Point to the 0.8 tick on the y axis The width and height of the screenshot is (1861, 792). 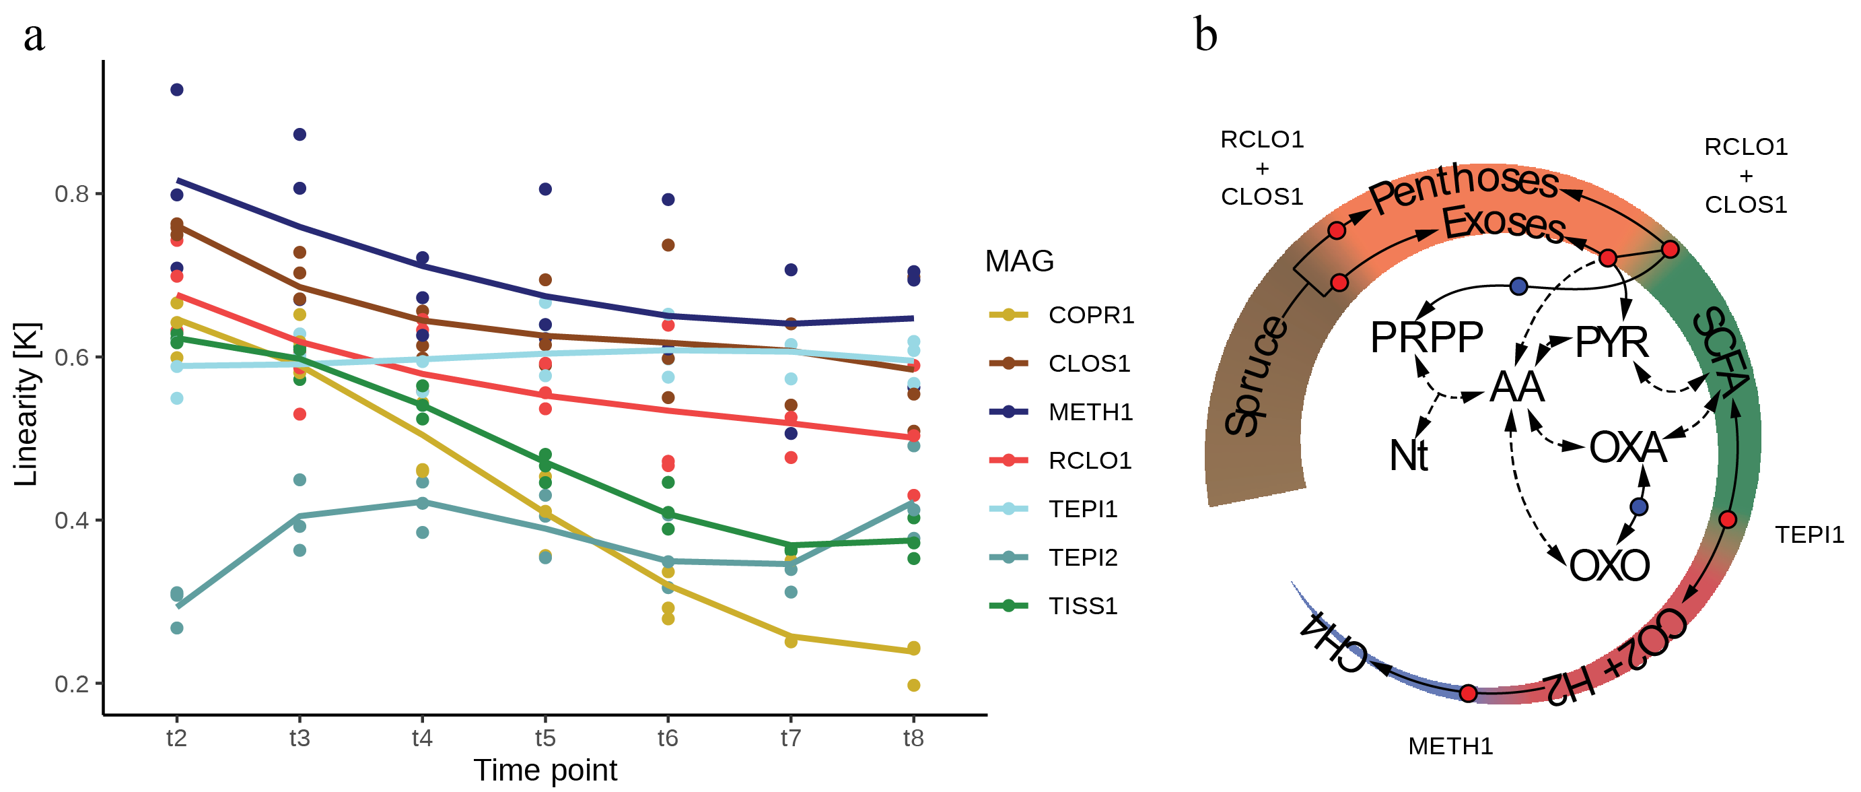[71, 194]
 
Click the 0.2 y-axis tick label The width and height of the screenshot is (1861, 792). [71, 683]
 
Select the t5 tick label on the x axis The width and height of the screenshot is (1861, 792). [545, 738]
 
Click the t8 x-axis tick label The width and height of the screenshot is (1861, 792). [913, 738]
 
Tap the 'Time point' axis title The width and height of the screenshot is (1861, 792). [545, 770]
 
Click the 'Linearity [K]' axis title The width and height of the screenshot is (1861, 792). [26, 405]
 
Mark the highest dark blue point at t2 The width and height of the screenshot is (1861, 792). [177, 90]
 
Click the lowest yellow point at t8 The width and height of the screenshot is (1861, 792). [914, 685]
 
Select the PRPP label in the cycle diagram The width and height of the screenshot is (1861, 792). [1426, 337]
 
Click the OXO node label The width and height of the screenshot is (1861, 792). [1609, 565]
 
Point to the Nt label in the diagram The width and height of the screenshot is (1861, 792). [1408, 456]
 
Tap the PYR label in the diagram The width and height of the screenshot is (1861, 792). [1612, 342]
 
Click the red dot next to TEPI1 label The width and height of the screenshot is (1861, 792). [1727, 519]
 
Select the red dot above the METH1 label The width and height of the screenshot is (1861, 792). [1468, 693]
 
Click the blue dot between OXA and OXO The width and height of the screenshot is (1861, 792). [1639, 506]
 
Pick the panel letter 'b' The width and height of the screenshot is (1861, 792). [1205, 35]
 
